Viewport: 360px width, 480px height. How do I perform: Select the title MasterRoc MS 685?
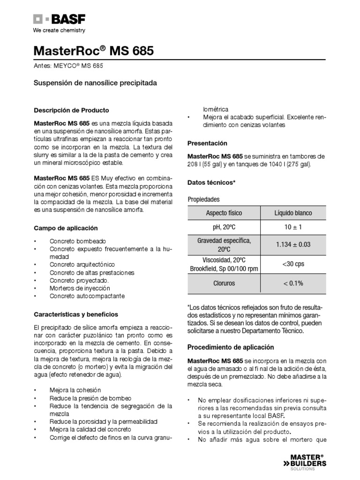pos(93,50)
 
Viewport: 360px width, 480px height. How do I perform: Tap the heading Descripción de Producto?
pos(71,110)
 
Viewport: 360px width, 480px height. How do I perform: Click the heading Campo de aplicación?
pos(66,228)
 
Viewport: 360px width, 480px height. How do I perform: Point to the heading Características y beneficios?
pos(76,314)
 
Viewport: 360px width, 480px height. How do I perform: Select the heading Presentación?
pos(207,143)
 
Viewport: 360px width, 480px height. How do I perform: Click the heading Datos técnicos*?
pos(211,182)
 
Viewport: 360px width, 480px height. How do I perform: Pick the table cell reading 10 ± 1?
pos(293,227)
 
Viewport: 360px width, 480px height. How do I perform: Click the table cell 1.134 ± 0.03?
pos(293,244)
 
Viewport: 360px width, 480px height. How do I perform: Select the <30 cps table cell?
pos(293,264)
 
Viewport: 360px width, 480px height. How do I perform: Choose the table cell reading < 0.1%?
pos(293,283)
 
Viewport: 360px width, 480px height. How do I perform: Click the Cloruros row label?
pos(224,283)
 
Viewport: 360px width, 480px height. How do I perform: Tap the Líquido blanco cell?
pos(293,213)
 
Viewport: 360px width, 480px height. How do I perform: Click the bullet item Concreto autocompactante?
pos(87,296)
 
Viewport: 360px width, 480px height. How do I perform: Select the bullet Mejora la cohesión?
pos(75,390)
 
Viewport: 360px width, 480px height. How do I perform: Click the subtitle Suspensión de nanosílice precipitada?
pos(95,82)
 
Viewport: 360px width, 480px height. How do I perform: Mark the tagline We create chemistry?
pos(59,30)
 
